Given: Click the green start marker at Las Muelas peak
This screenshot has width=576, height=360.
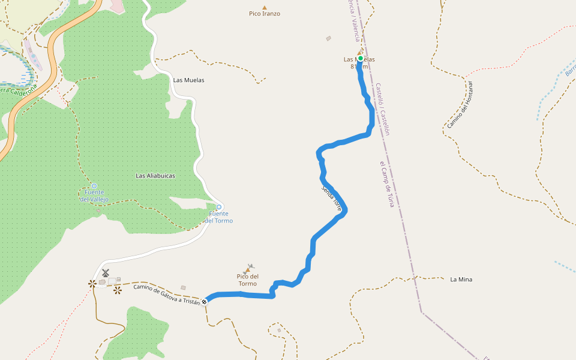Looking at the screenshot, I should [361, 59].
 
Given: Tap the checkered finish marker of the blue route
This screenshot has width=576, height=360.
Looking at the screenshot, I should [205, 301].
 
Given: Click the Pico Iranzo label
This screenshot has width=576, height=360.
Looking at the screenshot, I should [265, 13].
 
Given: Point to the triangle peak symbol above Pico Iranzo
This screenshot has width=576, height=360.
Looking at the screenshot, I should [265, 7].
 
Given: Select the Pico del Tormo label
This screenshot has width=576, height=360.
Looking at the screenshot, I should [247, 280].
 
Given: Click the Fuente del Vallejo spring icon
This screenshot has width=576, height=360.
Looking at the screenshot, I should [94, 186].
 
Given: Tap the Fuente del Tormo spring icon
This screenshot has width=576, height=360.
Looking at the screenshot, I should [219, 207].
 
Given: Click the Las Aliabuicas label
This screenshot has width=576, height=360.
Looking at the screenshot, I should [155, 176].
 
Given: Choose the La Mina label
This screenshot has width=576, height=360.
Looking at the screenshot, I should [461, 279].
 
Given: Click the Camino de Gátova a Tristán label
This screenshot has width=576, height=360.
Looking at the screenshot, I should [167, 295].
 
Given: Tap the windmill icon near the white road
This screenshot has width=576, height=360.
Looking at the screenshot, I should [106, 273].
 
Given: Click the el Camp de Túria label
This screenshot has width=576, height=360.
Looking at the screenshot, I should [386, 184].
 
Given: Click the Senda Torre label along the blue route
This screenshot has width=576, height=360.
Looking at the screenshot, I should [331, 199].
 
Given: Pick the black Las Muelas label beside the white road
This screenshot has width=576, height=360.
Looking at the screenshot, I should [188, 80].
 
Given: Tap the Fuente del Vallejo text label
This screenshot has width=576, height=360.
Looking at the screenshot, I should [94, 196].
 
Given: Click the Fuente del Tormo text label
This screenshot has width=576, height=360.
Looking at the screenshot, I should [219, 217].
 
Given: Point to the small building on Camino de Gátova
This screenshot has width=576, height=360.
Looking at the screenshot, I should [183, 287].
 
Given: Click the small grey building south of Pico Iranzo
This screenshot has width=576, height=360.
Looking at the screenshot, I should [329, 38].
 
